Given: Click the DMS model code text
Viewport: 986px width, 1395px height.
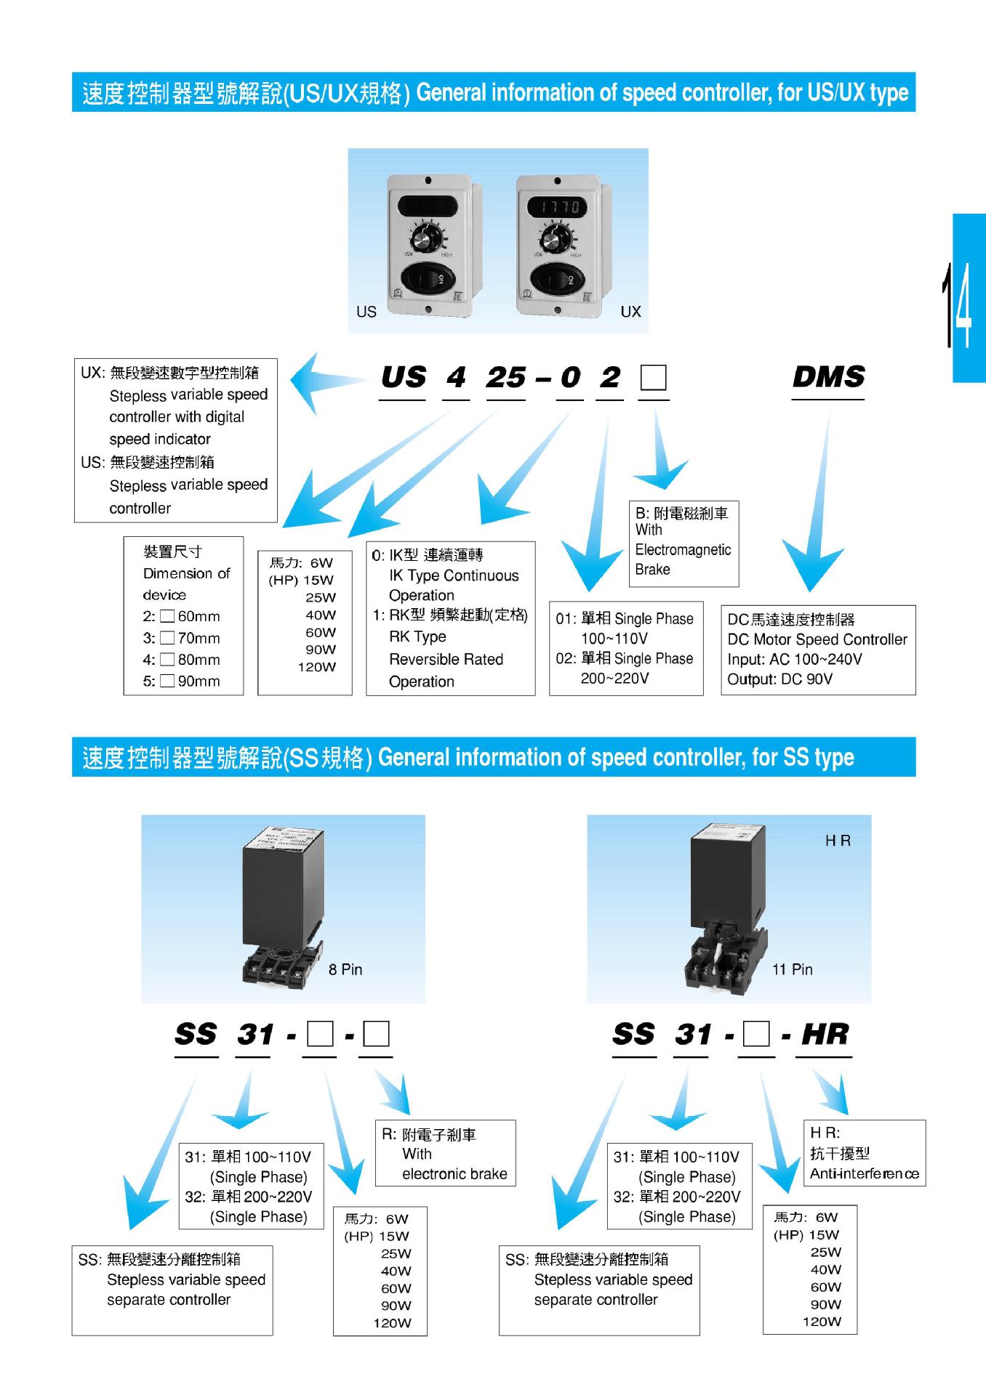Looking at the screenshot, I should point(828,377).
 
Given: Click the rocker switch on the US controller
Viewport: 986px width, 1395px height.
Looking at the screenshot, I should point(429,279).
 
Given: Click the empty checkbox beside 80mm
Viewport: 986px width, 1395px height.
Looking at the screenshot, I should point(167,660).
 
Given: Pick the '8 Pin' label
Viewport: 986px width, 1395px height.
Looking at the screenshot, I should point(345,969).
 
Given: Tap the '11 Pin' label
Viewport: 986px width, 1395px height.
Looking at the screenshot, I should point(792,969).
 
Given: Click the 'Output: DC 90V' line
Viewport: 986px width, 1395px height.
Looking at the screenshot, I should point(779,679).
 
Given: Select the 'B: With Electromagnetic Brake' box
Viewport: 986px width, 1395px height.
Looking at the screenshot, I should point(683,543).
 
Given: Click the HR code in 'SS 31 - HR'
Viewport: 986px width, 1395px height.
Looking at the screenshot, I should point(825,1035).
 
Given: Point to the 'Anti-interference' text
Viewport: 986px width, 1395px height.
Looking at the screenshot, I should point(864,1173).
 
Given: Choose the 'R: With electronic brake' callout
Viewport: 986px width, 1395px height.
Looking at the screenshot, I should point(445,1154).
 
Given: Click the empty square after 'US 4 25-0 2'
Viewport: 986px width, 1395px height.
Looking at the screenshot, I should point(654,378).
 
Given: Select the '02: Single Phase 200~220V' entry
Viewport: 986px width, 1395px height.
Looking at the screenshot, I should point(625,668).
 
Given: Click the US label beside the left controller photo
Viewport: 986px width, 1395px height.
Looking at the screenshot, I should point(366,312).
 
